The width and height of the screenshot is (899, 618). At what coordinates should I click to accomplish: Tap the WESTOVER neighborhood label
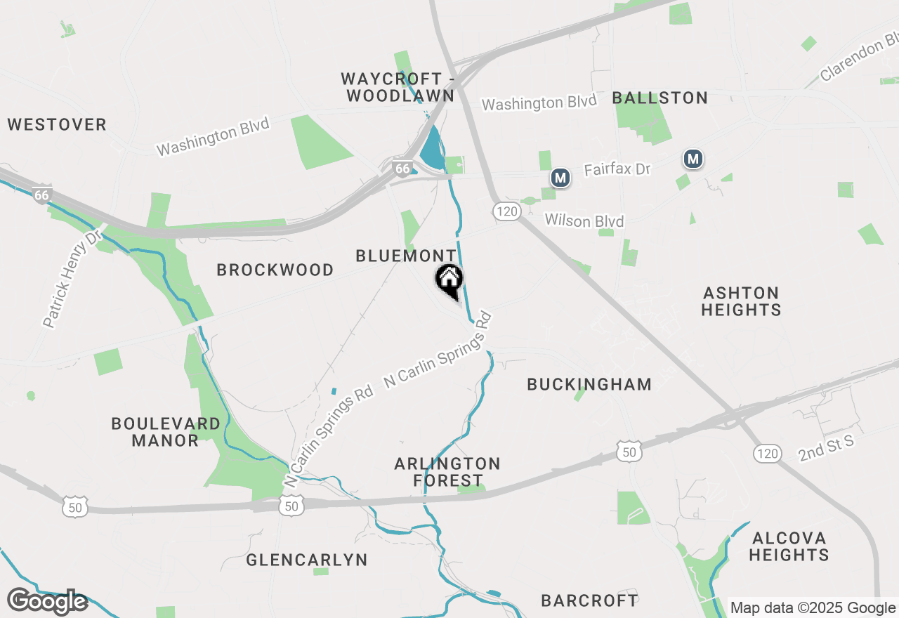pos(57,125)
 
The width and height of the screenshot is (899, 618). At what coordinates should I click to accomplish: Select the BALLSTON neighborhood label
pos(660,98)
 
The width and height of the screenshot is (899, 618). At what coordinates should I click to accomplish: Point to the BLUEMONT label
pos(406,256)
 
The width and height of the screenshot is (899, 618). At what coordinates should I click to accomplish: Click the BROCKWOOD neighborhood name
pos(275,270)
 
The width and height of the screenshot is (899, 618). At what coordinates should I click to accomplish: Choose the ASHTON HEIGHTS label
pos(741,301)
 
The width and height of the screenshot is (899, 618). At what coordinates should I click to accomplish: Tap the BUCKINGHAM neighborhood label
pos(589,384)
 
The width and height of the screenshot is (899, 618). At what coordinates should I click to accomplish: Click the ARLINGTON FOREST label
pos(447,472)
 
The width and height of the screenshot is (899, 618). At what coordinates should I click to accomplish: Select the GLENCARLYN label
pos(307,560)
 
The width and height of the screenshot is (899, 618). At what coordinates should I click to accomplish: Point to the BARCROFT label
pos(590,600)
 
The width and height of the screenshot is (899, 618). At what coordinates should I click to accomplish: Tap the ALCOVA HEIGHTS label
pos(789,546)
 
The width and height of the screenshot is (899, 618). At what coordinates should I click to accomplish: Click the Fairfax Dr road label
pos(617,169)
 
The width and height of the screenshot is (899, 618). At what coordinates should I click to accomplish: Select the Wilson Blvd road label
pos(584,221)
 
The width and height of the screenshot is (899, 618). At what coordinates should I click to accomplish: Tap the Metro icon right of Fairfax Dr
pos(693,159)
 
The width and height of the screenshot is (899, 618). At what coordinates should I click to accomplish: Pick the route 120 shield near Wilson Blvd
pos(506,211)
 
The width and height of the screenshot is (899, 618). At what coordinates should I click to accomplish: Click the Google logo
pos(47,601)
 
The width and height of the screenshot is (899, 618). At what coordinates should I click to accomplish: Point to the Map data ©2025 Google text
pos(813,608)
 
